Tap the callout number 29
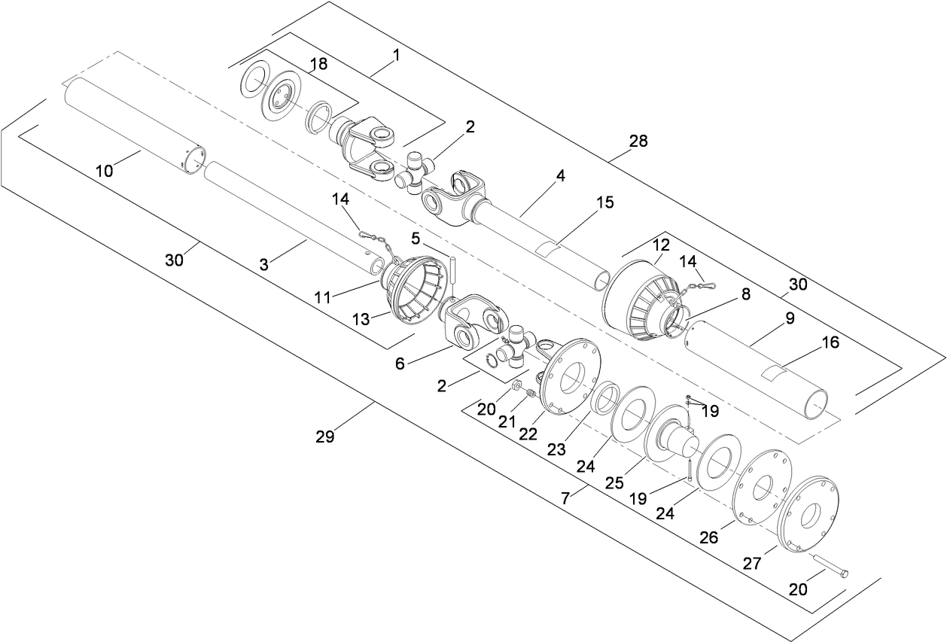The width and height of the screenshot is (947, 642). point(326,435)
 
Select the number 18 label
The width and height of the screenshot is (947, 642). point(318,64)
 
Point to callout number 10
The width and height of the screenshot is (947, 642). point(105,171)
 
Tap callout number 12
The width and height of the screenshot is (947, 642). point(660,246)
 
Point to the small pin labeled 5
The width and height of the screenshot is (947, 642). point(456,269)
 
